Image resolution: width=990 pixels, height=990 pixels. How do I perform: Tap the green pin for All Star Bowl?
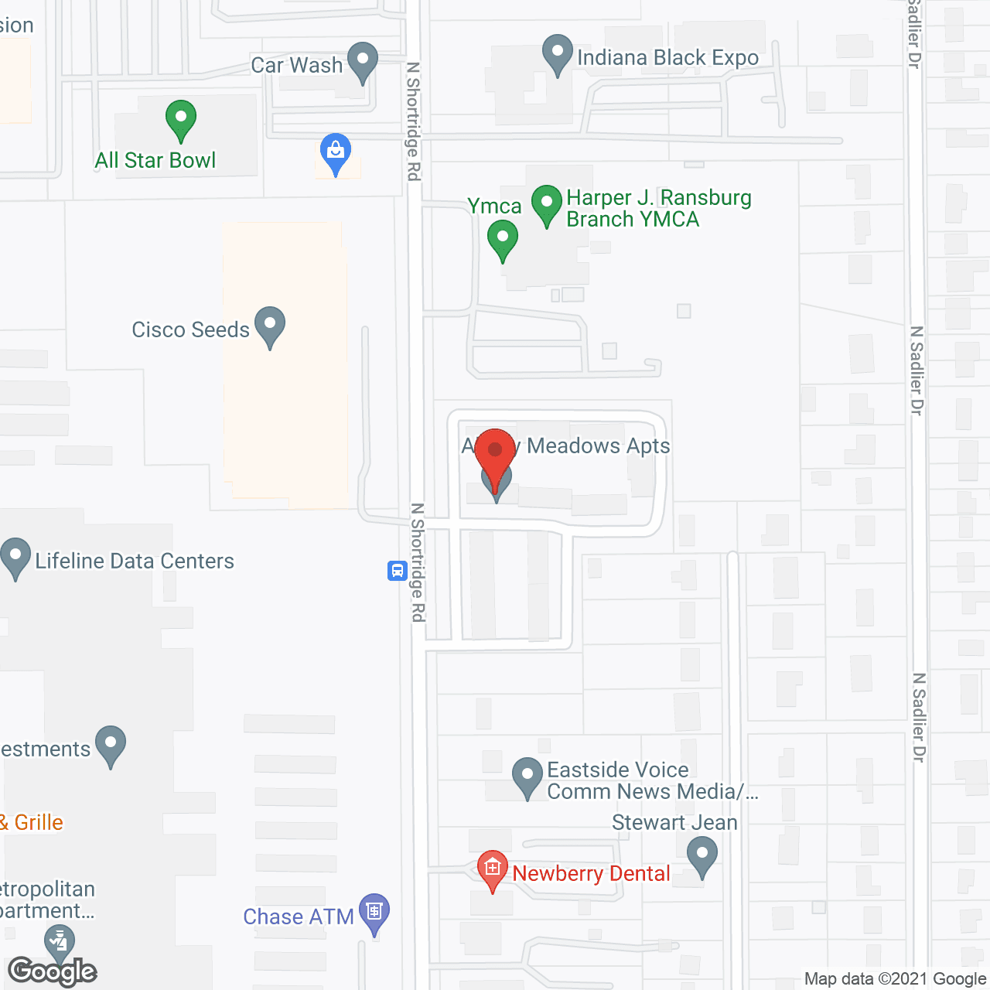[180, 120]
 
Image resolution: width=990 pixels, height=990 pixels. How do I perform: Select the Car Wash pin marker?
[362, 61]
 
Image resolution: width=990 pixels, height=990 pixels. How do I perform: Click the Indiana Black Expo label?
[667, 58]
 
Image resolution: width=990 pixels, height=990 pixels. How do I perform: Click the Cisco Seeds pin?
[270, 326]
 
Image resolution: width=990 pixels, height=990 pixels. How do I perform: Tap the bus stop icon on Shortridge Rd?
[397, 572]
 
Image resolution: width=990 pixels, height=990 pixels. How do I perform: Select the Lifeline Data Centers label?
[135, 561]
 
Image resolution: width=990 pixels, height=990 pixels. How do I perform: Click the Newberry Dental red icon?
[492, 869]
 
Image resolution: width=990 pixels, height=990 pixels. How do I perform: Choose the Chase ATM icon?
[374, 913]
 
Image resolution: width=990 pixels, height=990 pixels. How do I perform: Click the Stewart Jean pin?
[702, 855]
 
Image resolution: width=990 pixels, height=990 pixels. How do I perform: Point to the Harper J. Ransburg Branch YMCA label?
[658, 209]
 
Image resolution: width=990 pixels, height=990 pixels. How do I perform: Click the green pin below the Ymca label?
[503, 239]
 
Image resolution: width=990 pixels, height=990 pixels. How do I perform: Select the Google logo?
[53, 971]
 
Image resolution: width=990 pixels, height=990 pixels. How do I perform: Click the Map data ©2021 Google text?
[895, 979]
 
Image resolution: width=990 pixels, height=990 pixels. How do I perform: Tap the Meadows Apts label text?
[598, 446]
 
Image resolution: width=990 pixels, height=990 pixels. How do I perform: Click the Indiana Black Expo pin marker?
[557, 53]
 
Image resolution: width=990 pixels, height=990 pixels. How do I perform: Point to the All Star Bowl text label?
[155, 160]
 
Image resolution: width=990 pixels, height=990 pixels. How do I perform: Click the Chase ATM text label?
[298, 917]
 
